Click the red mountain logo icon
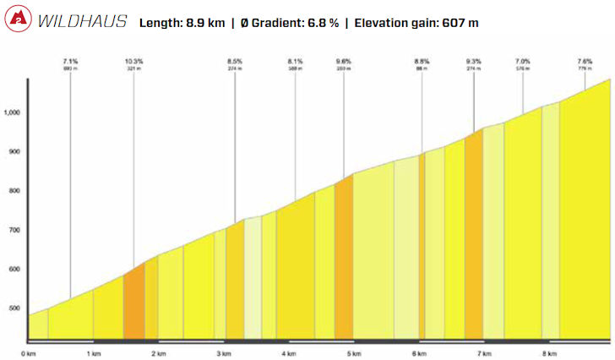(18, 21)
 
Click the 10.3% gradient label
(133, 62)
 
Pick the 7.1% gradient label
(70, 62)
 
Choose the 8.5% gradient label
(235, 62)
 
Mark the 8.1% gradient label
(295, 62)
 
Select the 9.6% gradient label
(343, 62)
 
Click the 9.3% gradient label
(473, 62)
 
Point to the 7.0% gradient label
(523, 62)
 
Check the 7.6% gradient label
(585, 62)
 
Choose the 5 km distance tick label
(354, 352)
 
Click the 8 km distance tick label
(549, 352)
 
